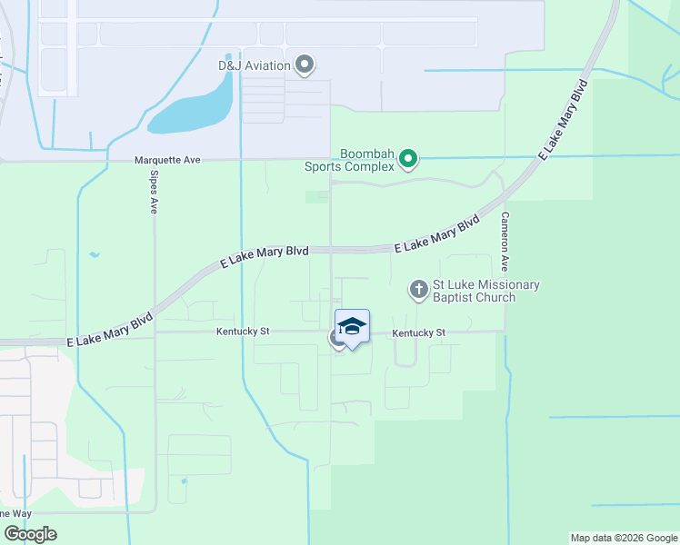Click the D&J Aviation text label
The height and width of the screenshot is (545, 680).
pyautogui.click(x=254, y=65)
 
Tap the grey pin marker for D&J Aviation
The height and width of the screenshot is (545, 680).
pyautogui.click(x=305, y=64)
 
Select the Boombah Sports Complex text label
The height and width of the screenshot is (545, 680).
pyautogui.click(x=367, y=160)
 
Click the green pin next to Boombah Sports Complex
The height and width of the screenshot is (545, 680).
pyautogui.click(x=409, y=160)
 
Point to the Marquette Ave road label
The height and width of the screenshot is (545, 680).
pyautogui.click(x=167, y=160)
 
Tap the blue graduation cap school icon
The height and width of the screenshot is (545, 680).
pyautogui.click(x=352, y=327)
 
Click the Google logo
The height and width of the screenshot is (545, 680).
pyautogui.click(x=30, y=534)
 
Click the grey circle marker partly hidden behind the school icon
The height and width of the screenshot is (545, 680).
pyautogui.click(x=334, y=338)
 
